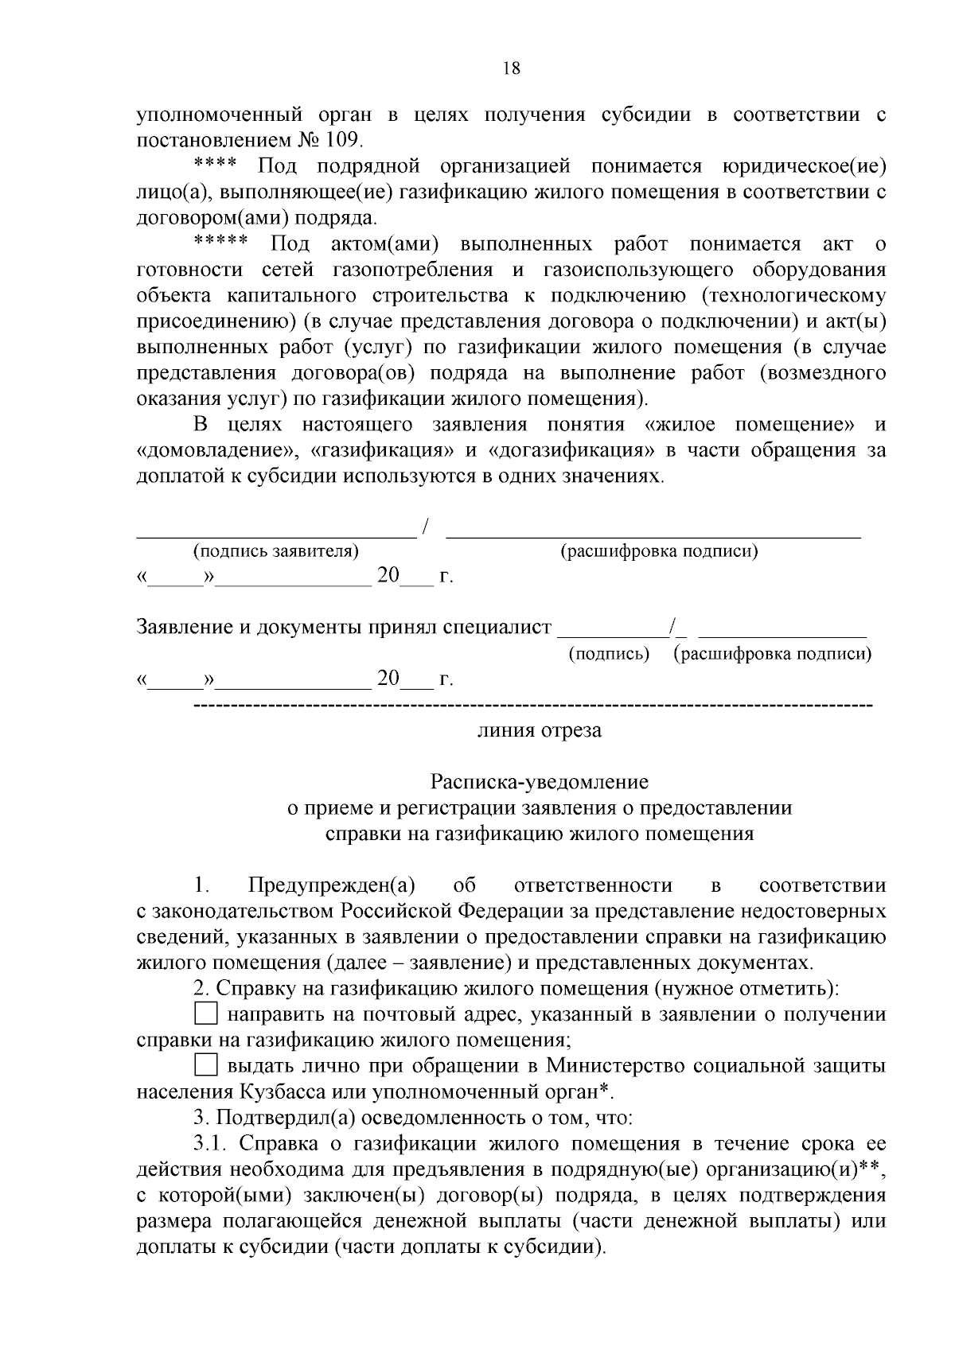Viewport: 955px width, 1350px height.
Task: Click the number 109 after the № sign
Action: click(343, 141)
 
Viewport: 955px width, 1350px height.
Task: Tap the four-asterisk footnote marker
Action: click(215, 165)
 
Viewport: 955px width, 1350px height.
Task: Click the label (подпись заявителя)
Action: click(275, 551)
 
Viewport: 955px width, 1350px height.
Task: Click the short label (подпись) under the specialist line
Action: click(609, 654)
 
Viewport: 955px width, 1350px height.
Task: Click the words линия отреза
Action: click(539, 730)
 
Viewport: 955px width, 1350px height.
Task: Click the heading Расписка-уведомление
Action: click(539, 782)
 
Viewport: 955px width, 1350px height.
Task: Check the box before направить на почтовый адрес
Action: click(206, 1014)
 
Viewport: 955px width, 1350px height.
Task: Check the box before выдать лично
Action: click(206, 1064)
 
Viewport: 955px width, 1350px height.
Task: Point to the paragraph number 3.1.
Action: click(211, 1144)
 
